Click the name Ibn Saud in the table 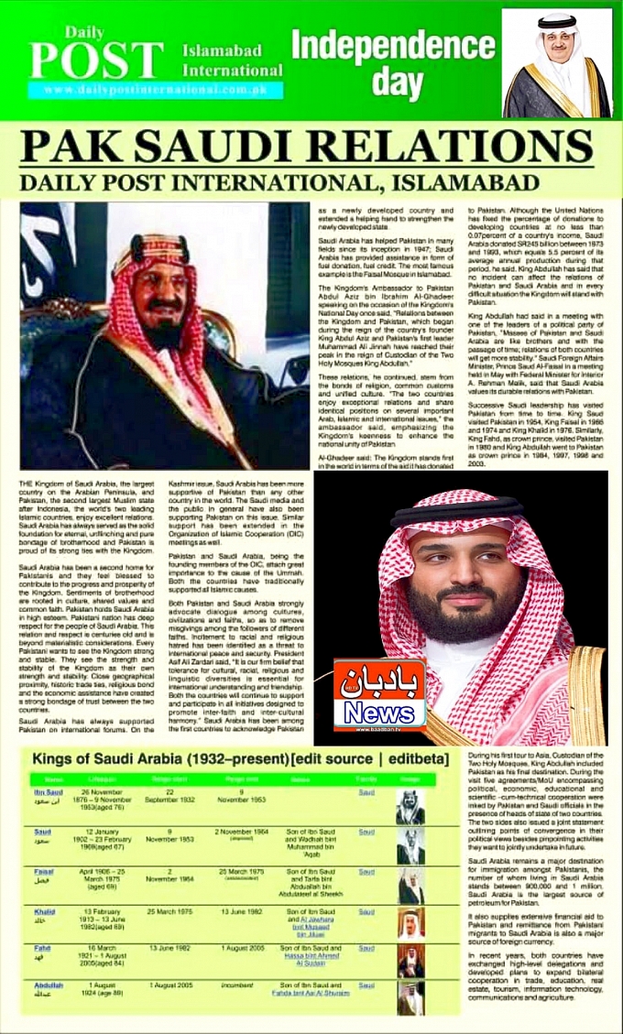(47, 792)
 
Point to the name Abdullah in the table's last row (48, 985)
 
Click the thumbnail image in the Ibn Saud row (409, 807)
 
